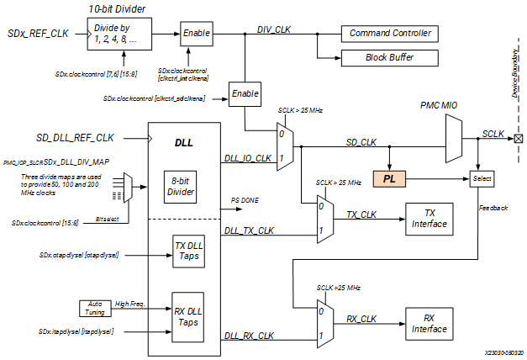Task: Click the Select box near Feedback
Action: [x=481, y=178]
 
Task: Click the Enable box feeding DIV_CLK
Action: [x=197, y=33]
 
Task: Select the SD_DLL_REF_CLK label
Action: [x=75, y=137]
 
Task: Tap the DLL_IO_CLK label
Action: [x=248, y=157]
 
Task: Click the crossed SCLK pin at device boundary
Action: [x=518, y=138]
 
